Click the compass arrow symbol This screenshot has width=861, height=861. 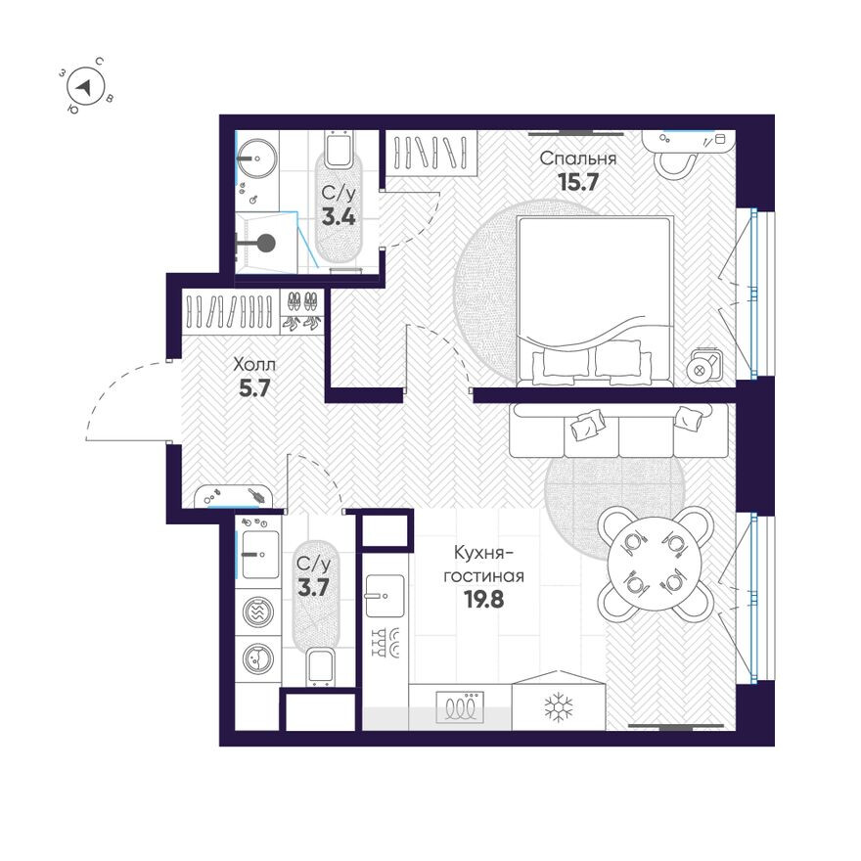[x=87, y=87]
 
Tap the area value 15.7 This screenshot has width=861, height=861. [x=577, y=181]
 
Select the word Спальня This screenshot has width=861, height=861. [x=577, y=158]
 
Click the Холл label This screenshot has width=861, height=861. [x=254, y=364]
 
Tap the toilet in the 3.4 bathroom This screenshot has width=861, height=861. [x=339, y=150]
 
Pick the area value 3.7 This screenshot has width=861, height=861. [x=313, y=587]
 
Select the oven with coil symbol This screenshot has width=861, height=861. [x=460, y=705]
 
